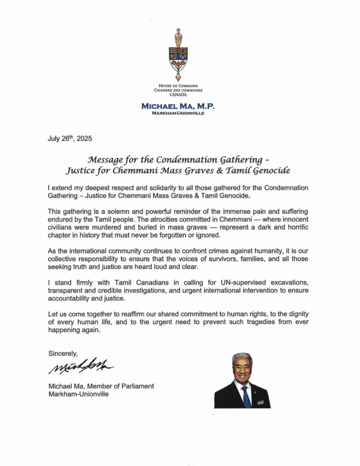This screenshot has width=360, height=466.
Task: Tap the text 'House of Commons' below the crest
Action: pos(178,86)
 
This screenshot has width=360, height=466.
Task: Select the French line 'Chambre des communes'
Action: pos(177,90)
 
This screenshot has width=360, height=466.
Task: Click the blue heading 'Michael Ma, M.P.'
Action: pos(178,106)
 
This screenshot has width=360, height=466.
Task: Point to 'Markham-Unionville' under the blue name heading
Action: pos(178,113)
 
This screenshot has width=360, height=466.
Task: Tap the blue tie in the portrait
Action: pos(245,396)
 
